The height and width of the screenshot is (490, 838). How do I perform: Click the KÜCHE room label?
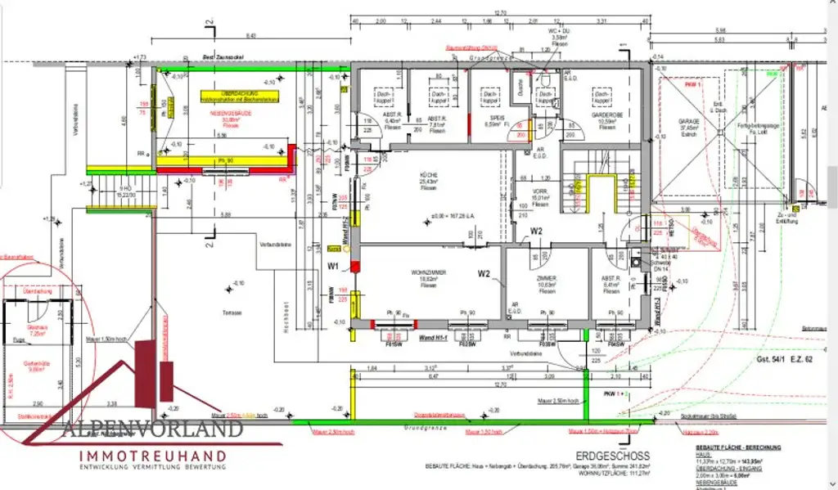(428, 175)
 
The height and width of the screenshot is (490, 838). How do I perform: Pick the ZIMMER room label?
(546, 279)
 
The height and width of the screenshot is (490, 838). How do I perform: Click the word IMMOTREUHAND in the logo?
(152, 454)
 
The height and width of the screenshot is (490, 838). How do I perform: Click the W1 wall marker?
(333, 266)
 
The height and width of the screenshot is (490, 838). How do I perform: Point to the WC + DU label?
(558, 34)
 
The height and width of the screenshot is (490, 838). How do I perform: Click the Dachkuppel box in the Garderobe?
(603, 97)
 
